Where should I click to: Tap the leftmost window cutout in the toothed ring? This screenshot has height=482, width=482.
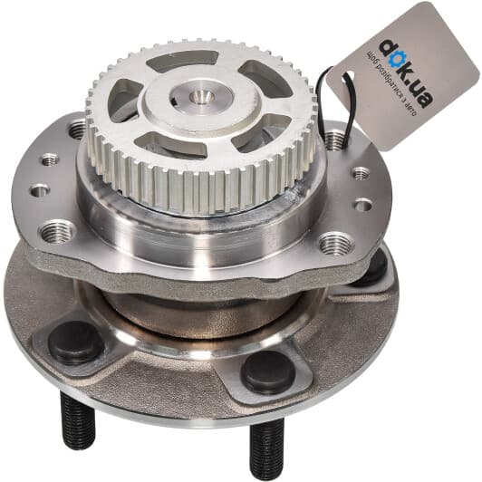click(125, 99)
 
